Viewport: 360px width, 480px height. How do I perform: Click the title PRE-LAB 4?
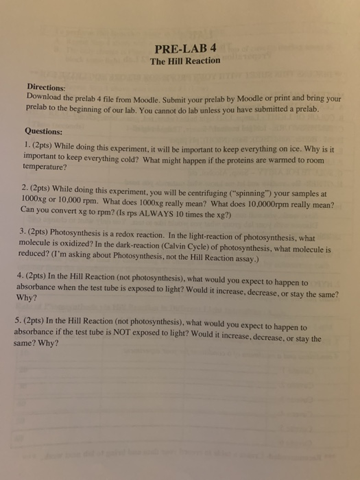tap(185, 48)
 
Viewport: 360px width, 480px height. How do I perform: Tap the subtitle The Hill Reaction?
tap(185, 61)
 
